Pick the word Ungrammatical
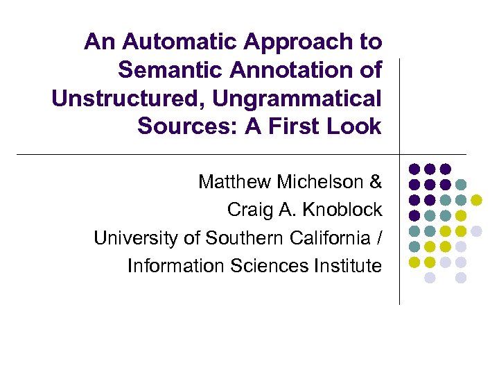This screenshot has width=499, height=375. tap(297, 99)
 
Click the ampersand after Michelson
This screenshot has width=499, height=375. tap(376, 182)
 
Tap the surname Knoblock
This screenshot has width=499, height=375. tap(342, 210)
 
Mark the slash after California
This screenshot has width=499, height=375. tap(378, 238)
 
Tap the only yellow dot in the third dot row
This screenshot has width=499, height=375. tap(476, 200)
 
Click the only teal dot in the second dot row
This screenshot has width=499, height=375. tap(461, 184)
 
